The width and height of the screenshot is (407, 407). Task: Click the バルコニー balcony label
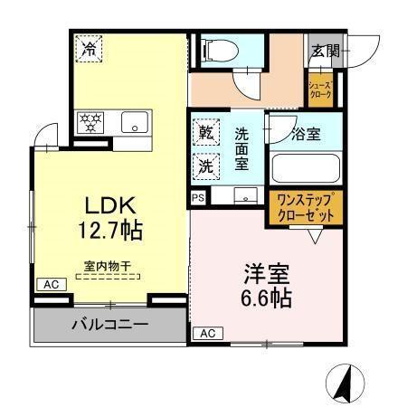tap(110, 325)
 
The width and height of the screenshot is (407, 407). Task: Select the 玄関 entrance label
tap(326, 52)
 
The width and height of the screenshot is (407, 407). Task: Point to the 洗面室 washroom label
tap(242, 148)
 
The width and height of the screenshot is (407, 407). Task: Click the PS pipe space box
tap(197, 196)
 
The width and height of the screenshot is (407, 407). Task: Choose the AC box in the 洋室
tap(206, 333)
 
